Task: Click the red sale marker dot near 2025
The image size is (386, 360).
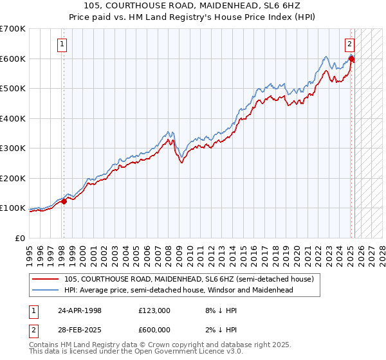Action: (351, 59)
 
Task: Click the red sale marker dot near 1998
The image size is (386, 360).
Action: (64, 201)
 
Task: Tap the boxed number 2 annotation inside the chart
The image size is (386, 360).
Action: (349, 44)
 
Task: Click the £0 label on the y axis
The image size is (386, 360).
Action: (21, 238)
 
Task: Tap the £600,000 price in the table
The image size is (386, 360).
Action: (154, 330)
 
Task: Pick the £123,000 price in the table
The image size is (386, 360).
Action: (154, 310)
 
